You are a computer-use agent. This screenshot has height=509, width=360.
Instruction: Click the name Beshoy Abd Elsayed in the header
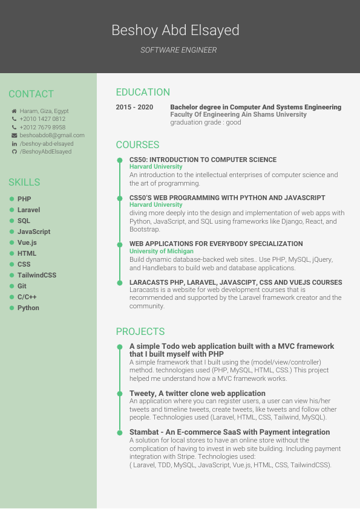(x=175, y=30)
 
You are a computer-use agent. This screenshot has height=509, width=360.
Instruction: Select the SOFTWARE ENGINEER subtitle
(x=178, y=50)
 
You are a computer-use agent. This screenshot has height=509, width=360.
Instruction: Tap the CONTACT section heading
(x=31, y=94)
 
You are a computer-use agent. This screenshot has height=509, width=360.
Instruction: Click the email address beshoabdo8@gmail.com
(x=52, y=135)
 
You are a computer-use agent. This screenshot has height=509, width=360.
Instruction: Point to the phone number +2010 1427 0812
(x=42, y=119)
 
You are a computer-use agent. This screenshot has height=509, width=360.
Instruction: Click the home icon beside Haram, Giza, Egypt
(x=14, y=111)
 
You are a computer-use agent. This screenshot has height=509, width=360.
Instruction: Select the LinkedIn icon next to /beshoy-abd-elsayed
(x=14, y=144)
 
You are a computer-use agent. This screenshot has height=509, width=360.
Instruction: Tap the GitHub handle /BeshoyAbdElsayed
(x=45, y=152)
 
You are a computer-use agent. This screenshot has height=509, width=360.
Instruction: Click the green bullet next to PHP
(x=11, y=199)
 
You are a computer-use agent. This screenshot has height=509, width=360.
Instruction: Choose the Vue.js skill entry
(x=27, y=242)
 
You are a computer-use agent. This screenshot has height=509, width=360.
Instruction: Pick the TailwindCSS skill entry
(x=36, y=275)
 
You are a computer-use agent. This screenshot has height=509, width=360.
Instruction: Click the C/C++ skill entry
(x=27, y=297)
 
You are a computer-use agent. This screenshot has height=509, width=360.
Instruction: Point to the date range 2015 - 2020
(x=134, y=107)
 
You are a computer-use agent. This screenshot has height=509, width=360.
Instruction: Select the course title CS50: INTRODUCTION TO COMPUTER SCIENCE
(x=203, y=160)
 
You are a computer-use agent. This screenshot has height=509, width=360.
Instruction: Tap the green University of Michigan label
(x=162, y=251)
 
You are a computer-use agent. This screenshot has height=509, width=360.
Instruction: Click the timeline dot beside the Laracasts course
(x=120, y=282)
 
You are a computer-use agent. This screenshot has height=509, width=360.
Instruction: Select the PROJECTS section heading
(x=140, y=331)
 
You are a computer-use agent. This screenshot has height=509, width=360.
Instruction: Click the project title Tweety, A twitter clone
(x=197, y=394)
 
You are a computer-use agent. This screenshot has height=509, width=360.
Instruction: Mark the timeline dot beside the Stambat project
(x=120, y=432)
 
